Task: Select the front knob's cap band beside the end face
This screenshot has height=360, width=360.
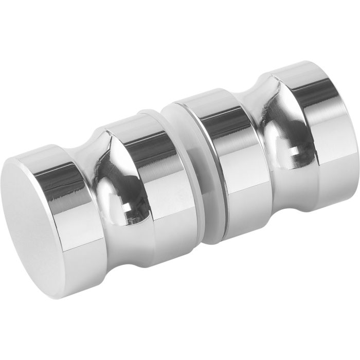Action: click(x=77, y=216)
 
